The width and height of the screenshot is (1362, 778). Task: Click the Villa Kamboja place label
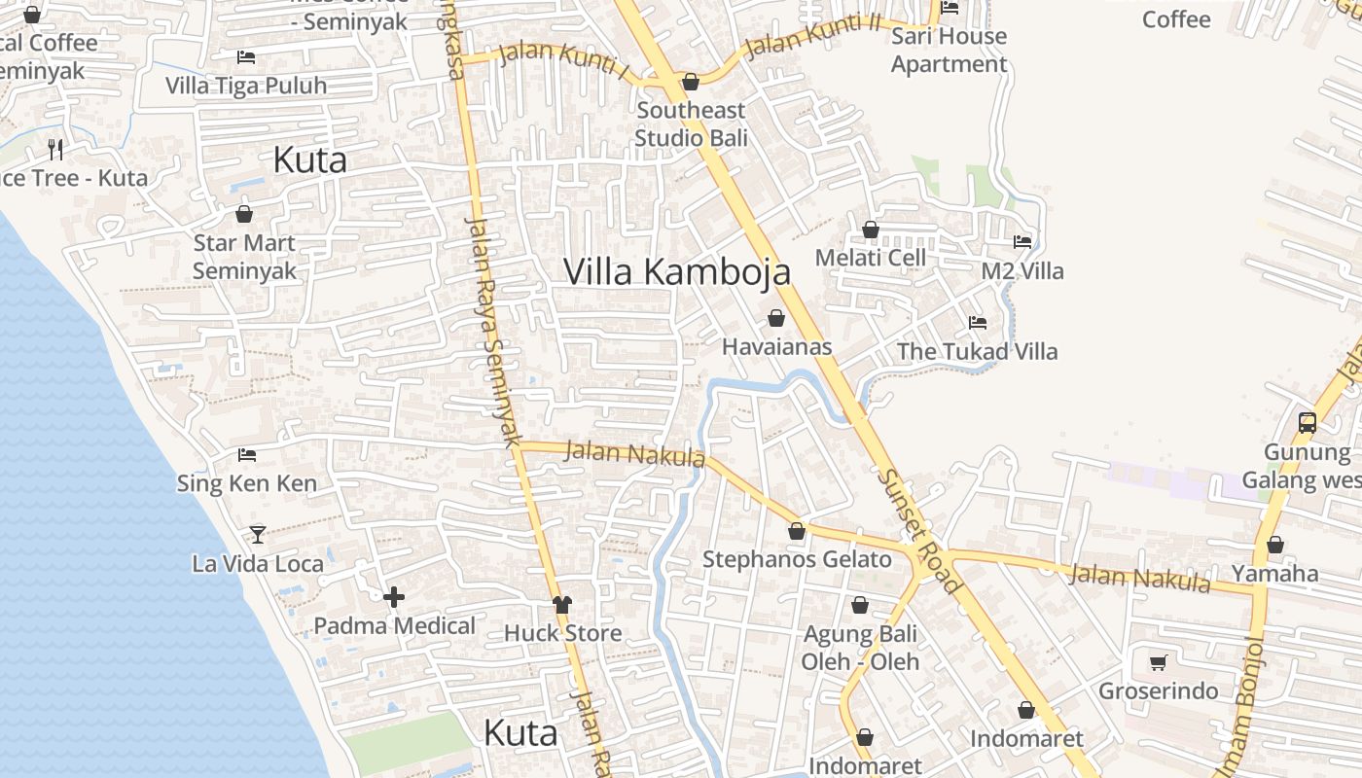pos(676,271)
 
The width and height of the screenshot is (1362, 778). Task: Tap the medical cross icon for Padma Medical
pos(394,597)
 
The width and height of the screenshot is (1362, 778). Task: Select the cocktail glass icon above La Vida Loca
pos(257,534)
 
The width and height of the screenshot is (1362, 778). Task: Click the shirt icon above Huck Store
pos(562,604)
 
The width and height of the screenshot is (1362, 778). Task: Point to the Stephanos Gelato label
pos(797,559)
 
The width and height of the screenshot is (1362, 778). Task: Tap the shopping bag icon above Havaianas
pos(776,318)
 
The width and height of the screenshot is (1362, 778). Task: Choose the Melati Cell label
pos(870,258)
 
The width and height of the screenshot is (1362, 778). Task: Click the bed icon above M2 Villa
pos(1021,241)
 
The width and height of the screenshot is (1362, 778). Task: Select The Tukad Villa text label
pos(977,351)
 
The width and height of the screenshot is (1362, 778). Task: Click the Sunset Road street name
pos(919,531)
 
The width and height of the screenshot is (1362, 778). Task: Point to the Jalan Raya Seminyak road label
pos(494,331)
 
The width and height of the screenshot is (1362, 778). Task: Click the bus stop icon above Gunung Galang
pos(1308,423)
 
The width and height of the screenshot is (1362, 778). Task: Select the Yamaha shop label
pos(1274,573)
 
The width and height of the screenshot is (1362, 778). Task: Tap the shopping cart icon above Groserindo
pos(1158,662)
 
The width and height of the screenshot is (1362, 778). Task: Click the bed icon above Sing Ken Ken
pos(247,454)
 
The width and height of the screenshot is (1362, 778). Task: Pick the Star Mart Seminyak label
pos(243,257)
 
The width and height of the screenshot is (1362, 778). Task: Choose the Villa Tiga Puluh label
pos(246,86)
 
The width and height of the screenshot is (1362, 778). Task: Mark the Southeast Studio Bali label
pos(691,124)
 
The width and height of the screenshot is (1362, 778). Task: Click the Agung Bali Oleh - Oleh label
pos(860,648)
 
